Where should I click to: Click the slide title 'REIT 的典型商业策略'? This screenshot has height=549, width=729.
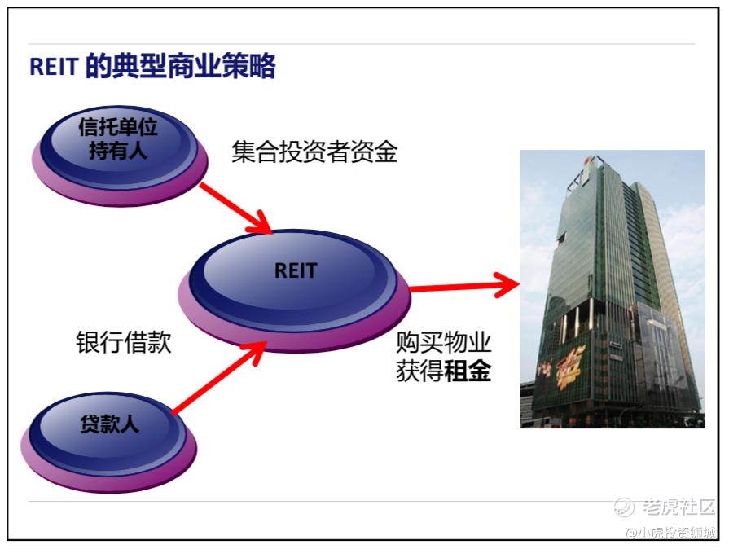(152, 67)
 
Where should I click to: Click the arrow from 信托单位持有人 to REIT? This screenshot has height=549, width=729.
(235, 208)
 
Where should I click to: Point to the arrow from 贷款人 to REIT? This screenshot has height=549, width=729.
(220, 378)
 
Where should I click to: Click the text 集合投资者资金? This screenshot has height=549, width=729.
(314, 152)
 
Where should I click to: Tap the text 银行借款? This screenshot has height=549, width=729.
(124, 342)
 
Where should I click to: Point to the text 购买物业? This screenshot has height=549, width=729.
(444, 342)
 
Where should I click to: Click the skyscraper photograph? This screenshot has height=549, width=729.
(612, 289)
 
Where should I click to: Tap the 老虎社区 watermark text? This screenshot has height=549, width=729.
(678, 507)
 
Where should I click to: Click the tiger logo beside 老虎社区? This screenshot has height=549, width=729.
(624, 507)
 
